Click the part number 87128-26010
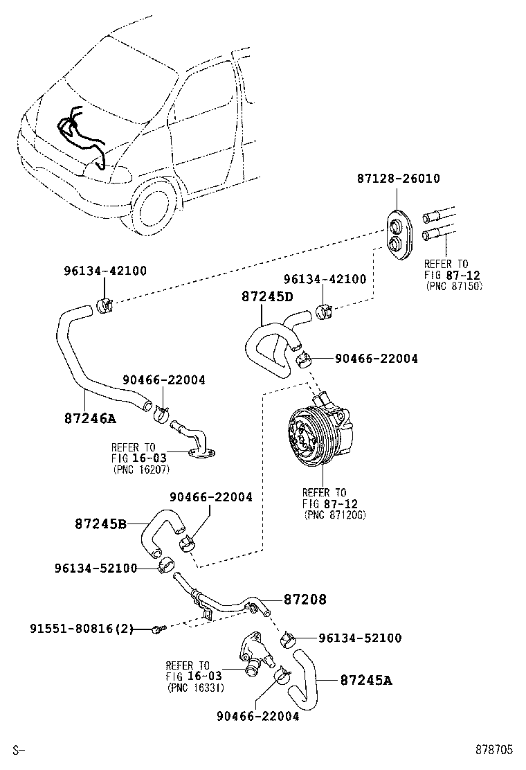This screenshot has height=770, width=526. point(398,178)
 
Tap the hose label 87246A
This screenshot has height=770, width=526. point(90,418)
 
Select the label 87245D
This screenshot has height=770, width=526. point(267,296)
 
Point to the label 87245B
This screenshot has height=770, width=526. point(100,524)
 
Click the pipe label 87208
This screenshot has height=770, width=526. point(305,599)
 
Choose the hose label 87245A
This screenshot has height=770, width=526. point(366,680)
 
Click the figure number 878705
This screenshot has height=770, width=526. point(493,749)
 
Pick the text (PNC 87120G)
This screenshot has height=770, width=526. point(335,515)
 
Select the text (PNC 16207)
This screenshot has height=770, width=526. point(141,469)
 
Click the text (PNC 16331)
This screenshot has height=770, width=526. point(196,688)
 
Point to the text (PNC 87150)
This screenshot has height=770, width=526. point(454,286)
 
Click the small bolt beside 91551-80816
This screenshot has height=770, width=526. point(160,628)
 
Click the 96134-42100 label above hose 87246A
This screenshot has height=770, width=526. point(105,271)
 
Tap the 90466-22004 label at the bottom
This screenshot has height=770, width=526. point(258,717)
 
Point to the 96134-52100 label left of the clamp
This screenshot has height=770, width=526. point(96,568)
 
